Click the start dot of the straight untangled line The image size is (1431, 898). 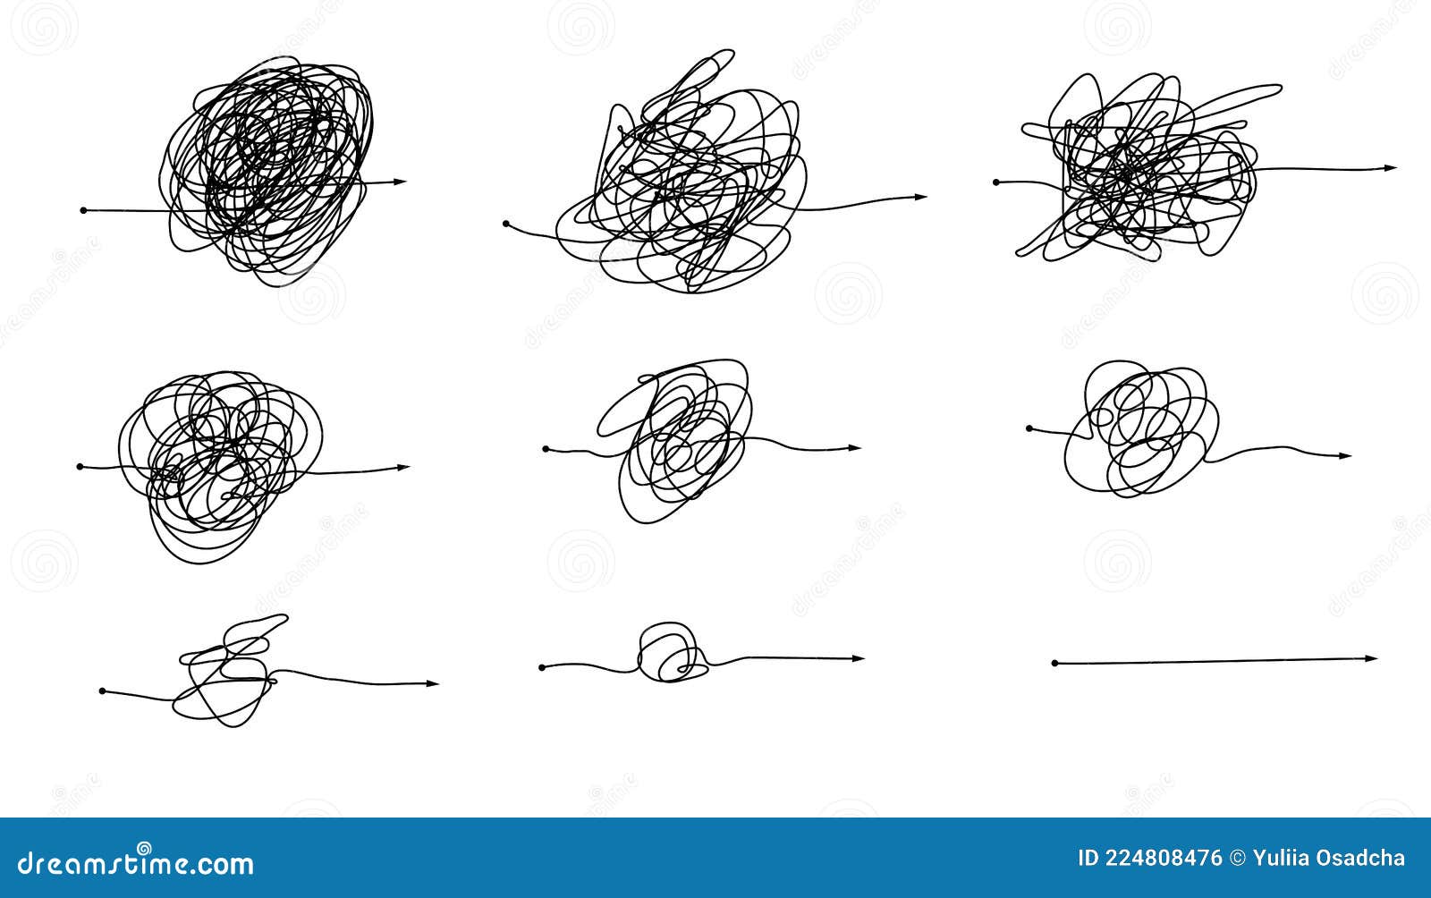1055,664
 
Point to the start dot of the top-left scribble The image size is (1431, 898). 84,210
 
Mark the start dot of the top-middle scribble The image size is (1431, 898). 506,223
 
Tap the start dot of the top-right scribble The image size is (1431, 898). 996,182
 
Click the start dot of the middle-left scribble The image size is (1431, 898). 80,467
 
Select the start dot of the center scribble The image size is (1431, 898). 546,449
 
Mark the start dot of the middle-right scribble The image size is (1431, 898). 1029,429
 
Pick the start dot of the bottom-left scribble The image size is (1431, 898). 102,691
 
